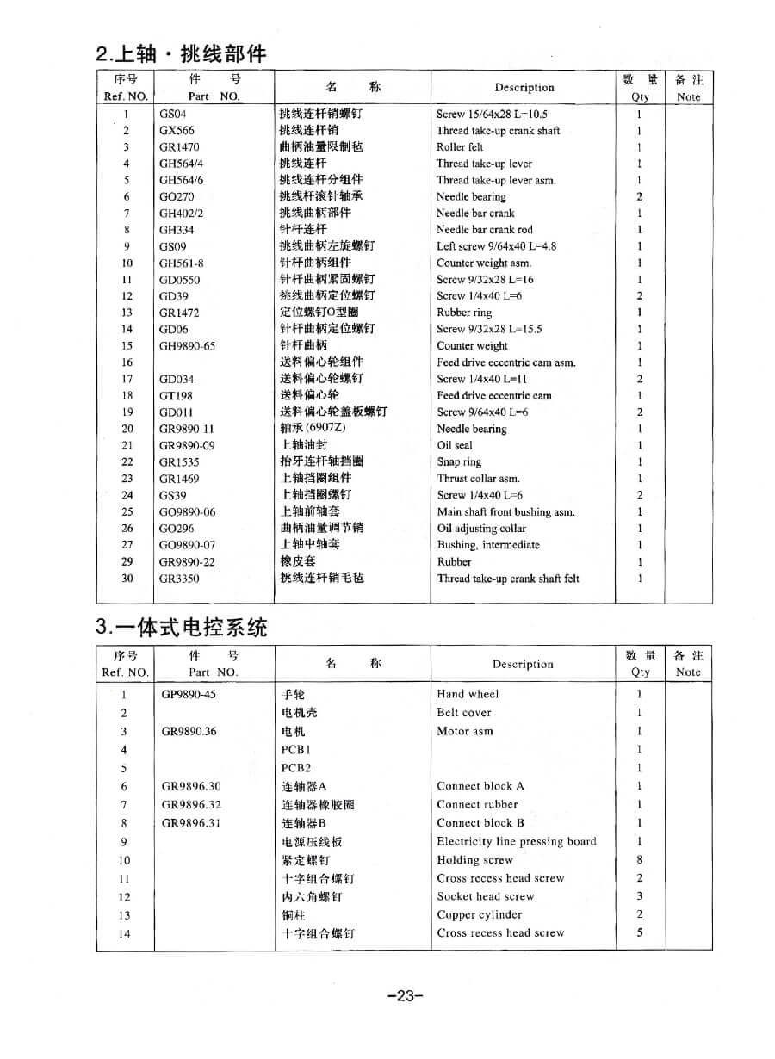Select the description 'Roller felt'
click(x=460, y=147)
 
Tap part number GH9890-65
click(x=187, y=346)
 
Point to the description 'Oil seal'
click(x=455, y=445)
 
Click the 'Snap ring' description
click(x=459, y=461)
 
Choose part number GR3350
click(x=179, y=579)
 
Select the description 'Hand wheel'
click(x=468, y=694)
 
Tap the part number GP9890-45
click(x=189, y=694)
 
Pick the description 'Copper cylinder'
click(x=479, y=915)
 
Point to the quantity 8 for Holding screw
click(x=639, y=860)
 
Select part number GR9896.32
click(x=191, y=805)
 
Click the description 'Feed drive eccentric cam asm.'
click(x=505, y=362)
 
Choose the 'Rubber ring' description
click(x=464, y=313)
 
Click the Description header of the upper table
click(x=524, y=88)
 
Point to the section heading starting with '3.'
click(x=182, y=628)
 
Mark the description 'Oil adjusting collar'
click(x=480, y=529)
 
